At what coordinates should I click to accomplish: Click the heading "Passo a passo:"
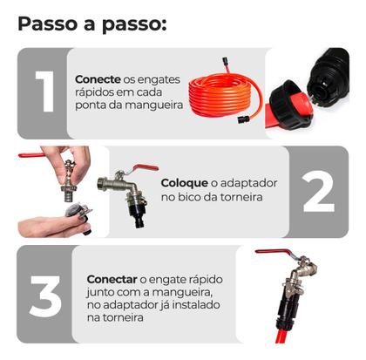point(91,23)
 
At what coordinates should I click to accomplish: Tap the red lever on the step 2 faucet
point(141,168)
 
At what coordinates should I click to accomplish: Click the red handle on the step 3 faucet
point(277,253)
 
